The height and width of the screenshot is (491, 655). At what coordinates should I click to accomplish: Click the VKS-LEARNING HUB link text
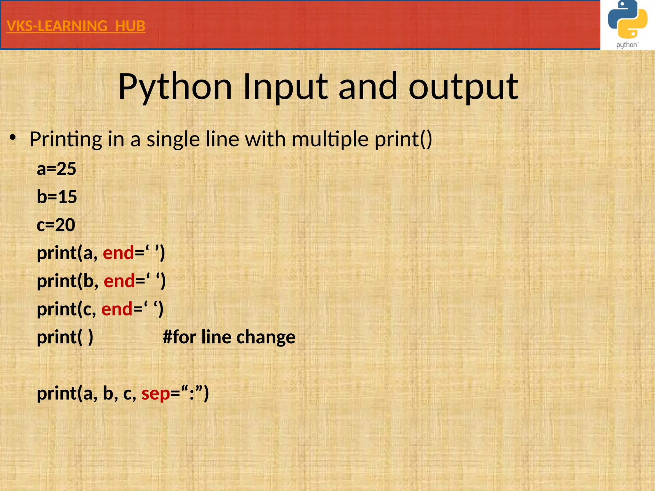tap(76, 26)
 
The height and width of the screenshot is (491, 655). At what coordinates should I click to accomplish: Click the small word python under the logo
tap(627, 45)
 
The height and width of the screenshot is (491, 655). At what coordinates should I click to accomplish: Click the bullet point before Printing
tap(12, 138)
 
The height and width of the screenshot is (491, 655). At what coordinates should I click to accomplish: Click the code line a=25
tap(56, 169)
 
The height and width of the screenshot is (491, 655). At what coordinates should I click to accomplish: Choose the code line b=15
tap(57, 197)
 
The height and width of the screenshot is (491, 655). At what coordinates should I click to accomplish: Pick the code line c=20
tap(56, 225)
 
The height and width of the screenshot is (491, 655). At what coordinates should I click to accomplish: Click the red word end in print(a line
tap(118, 253)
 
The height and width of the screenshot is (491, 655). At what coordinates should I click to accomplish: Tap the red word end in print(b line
tap(119, 281)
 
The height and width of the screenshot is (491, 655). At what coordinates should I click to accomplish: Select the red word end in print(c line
tap(117, 309)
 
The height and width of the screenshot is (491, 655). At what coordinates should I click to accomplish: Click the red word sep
tap(156, 394)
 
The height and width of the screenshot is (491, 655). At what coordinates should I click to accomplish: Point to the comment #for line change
tap(229, 337)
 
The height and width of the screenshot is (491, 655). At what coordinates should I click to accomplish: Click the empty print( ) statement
tap(65, 337)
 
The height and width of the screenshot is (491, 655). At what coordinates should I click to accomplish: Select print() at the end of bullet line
tap(403, 139)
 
